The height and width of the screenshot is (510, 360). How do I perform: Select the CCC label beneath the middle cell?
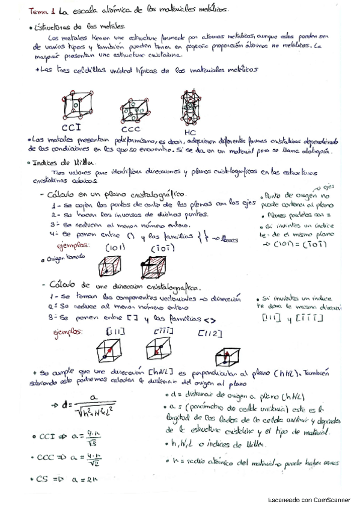coord(130,129)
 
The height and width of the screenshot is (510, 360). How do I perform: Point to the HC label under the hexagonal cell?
coord(189,131)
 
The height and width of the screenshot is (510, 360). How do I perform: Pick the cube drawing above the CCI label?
coord(78,105)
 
